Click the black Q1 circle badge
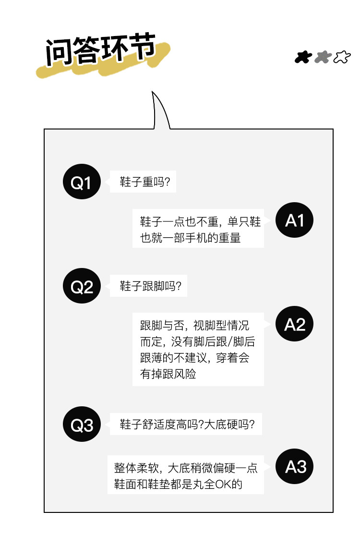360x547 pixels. click(x=81, y=182)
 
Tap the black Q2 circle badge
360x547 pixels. click(x=81, y=287)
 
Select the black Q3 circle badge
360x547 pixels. click(x=81, y=425)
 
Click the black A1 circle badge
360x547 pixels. click(x=294, y=220)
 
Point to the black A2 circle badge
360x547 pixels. click(x=294, y=325)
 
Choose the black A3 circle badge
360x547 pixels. click(x=294, y=466)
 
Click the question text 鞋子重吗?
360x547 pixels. click(x=145, y=182)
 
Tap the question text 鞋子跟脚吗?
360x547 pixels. click(x=150, y=287)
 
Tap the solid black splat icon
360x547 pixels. click(x=303, y=58)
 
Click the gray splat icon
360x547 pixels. click(x=323, y=58)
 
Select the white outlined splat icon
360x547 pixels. click(x=341, y=58)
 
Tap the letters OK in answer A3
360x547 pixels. click(x=223, y=484)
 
